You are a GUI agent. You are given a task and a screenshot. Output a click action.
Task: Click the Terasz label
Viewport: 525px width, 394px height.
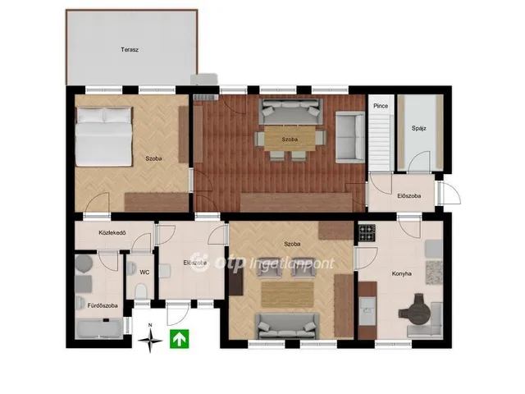[130, 49]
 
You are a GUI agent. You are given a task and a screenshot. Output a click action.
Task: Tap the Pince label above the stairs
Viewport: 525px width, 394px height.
[381, 106]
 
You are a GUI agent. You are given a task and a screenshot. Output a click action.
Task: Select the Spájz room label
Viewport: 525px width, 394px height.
[419, 128]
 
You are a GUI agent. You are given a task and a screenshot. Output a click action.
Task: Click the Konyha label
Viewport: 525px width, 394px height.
[401, 273]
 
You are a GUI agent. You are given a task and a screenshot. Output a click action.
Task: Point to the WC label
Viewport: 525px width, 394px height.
[144, 273]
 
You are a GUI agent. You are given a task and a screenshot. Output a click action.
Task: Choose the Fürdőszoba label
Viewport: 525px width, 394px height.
[103, 305]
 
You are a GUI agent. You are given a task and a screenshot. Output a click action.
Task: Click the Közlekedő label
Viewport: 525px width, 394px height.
[112, 232]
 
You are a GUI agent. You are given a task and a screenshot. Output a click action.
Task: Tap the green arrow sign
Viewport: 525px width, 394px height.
[179, 339]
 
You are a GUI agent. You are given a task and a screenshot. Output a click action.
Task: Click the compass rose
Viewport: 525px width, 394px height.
[150, 339]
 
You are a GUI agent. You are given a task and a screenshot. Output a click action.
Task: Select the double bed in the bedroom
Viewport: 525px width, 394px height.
[103, 136]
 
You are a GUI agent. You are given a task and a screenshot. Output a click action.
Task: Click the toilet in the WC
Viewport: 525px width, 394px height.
[140, 291]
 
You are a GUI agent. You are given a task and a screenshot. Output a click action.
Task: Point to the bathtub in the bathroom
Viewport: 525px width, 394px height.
[99, 328]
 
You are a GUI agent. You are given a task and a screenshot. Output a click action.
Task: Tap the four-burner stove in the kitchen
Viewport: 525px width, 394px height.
[367, 233]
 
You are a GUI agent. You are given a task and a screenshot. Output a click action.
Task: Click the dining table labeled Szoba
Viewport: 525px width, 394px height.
[290, 139]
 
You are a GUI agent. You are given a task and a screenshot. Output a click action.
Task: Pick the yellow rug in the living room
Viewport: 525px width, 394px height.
[288, 295]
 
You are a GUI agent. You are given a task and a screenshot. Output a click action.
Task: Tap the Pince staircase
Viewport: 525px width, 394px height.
[381, 141]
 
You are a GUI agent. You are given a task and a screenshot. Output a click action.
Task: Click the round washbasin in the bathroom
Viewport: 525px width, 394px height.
[84, 263]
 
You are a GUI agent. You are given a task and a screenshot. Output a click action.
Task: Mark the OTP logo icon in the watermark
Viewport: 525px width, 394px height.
[200, 263]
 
